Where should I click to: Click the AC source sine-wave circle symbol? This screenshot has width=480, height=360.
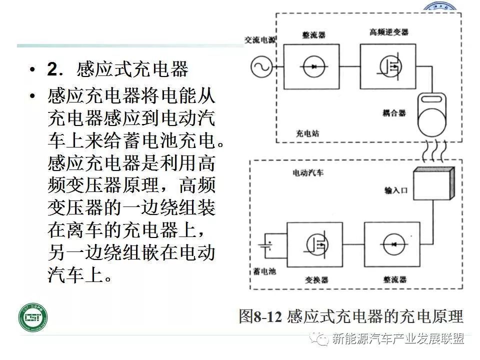261,66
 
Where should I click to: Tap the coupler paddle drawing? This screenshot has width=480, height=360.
434,113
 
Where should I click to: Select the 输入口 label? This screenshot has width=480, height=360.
395,191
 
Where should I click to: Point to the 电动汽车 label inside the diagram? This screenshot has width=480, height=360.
308,173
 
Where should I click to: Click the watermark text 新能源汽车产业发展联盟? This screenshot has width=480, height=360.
398,339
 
